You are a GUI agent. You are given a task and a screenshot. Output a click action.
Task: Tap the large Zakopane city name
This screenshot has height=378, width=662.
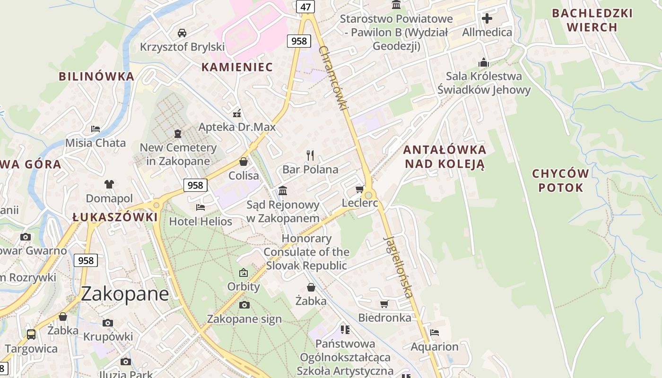125,294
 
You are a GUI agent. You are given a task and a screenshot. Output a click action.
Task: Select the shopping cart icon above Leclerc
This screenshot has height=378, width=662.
359,189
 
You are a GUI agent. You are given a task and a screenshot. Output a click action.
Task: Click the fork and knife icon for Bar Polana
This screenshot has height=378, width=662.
310,155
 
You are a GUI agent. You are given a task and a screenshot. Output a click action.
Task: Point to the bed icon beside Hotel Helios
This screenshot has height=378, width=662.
200,207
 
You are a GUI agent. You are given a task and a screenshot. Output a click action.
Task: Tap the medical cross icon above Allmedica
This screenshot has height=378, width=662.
487,18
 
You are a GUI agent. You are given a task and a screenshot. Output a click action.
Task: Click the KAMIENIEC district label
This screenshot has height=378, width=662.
237,67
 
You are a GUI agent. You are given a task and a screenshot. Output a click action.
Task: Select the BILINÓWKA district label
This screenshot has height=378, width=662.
96,76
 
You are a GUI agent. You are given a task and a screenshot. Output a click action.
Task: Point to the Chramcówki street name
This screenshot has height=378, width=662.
333,78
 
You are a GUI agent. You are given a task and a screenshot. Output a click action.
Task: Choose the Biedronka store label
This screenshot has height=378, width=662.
384,318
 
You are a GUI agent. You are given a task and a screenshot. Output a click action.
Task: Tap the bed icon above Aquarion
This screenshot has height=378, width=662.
435,333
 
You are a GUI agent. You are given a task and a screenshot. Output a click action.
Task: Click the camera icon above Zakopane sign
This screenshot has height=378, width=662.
244,305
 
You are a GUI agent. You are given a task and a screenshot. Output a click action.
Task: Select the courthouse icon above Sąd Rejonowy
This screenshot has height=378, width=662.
283,191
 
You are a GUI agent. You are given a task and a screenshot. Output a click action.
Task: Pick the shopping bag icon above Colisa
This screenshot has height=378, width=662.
244,162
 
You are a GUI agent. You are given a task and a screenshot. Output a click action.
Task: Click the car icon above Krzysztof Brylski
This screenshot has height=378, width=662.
182,33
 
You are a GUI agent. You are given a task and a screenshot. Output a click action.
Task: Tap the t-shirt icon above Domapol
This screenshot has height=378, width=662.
109,184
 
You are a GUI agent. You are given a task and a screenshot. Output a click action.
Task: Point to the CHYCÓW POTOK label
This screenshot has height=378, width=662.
560,180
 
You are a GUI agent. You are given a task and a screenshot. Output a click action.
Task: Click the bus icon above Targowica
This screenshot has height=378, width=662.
31,335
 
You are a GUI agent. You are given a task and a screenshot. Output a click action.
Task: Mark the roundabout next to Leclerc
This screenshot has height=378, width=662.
368,195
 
